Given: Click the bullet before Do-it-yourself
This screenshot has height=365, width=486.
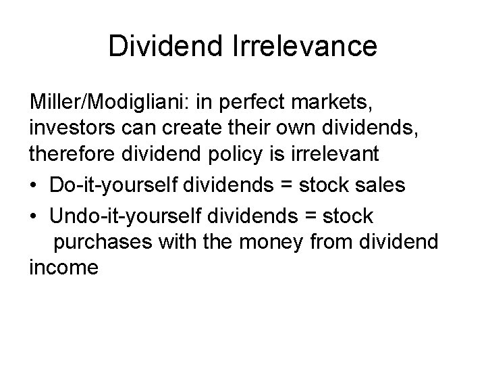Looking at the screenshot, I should [34, 185].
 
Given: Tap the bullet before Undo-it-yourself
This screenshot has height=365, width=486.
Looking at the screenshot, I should [34, 216].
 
